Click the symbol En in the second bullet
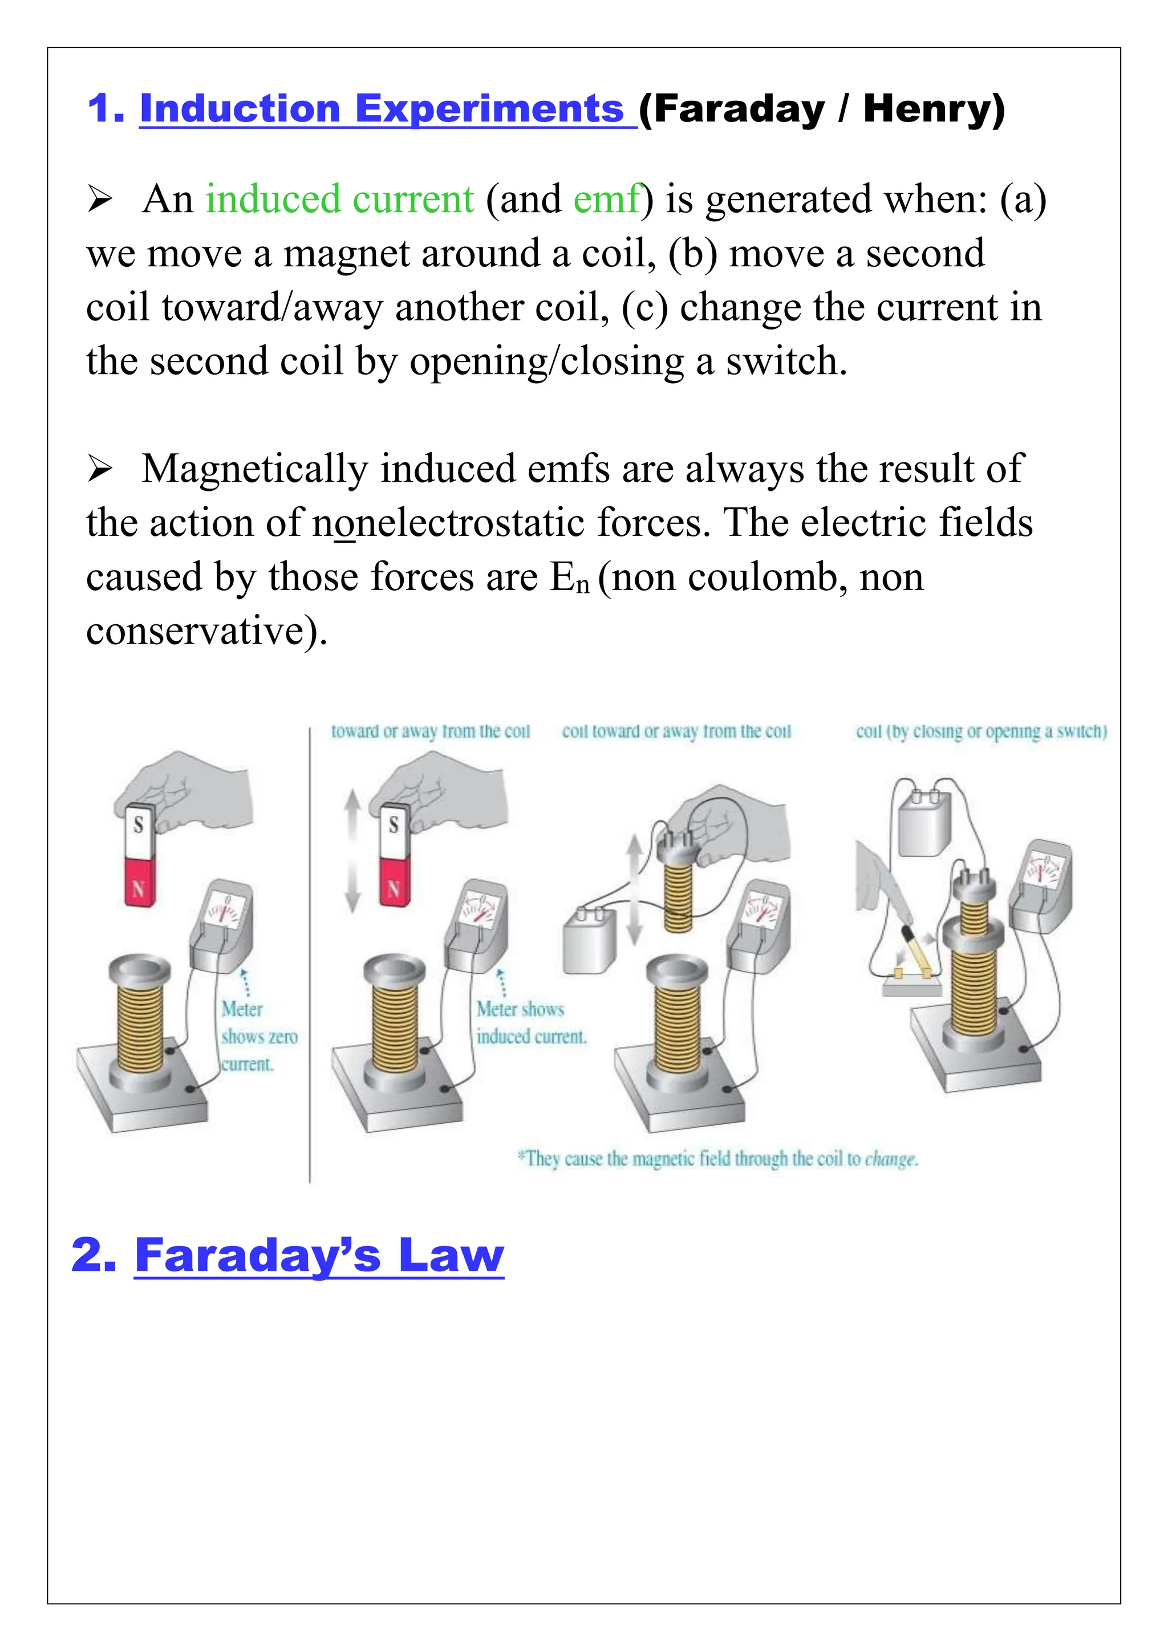[570, 578]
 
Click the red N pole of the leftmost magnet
[139, 883]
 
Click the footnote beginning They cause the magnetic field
[717, 1158]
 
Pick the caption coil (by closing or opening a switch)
[980, 731]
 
